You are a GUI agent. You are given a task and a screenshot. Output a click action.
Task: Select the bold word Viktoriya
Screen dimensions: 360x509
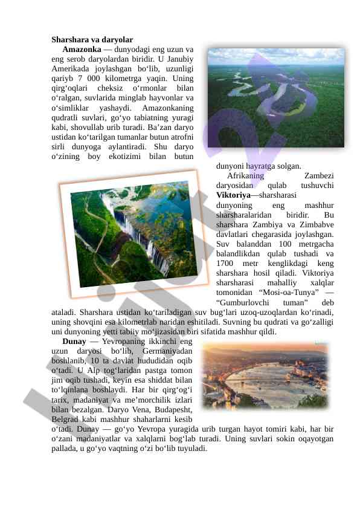click(x=233, y=195)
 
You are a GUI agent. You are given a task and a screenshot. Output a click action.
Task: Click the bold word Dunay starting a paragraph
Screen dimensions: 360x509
click(x=74, y=342)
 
